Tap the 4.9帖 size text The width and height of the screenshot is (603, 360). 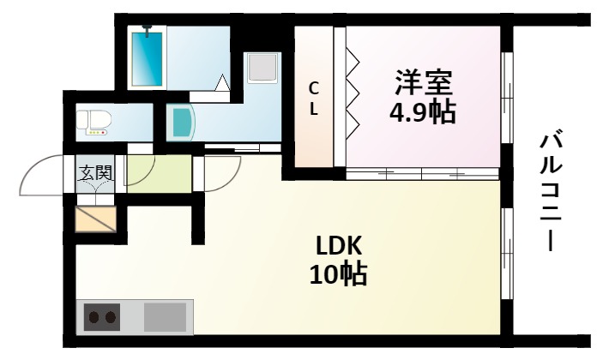coord(423,112)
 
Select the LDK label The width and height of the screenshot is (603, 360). coord(339,246)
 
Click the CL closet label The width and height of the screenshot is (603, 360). coord(314,99)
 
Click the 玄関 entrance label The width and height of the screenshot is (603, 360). coord(96,173)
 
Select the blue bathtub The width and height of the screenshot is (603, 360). coord(150,57)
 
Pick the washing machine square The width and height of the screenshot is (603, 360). coord(260,68)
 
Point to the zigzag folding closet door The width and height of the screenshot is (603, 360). coord(352,94)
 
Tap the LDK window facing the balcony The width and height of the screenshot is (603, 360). coord(506,257)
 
